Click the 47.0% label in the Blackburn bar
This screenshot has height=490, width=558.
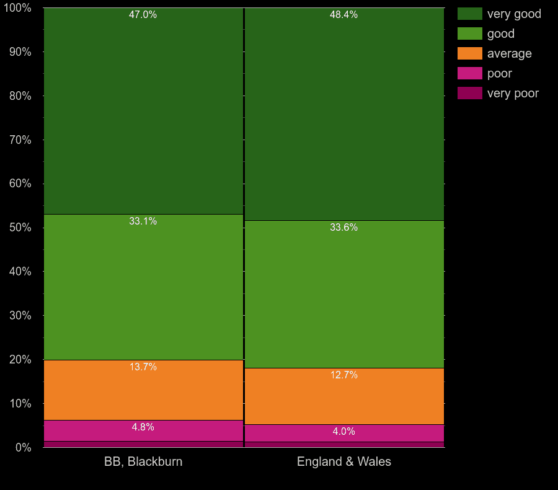click(143, 15)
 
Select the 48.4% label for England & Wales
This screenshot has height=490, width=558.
click(343, 15)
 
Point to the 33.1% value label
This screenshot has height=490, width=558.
click(143, 221)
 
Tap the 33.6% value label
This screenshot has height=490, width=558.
click(343, 228)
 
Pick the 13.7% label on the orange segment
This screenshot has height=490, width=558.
click(143, 367)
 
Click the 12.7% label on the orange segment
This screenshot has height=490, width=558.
click(343, 375)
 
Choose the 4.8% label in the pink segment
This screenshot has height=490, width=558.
click(143, 427)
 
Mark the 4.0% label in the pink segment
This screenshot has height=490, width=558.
click(343, 432)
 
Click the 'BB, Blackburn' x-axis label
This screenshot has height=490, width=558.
click(143, 461)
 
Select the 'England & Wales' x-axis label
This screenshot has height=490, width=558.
click(344, 461)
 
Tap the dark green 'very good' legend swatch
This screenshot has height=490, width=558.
click(469, 14)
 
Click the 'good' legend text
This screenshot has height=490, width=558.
click(500, 33)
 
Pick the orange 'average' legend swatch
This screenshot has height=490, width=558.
click(469, 53)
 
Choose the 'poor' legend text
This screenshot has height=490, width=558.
click(499, 73)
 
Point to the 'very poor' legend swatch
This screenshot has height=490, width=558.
click(469, 93)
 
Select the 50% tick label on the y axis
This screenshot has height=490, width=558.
click(20, 228)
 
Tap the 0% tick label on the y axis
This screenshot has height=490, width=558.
click(23, 447)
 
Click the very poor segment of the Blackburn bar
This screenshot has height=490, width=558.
click(143, 444)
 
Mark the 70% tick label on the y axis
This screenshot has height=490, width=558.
click(20, 140)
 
